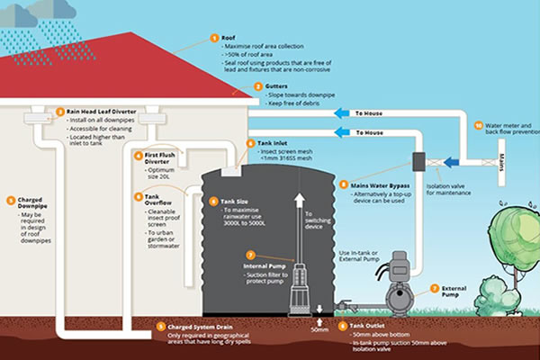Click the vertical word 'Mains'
[x=502, y=164]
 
